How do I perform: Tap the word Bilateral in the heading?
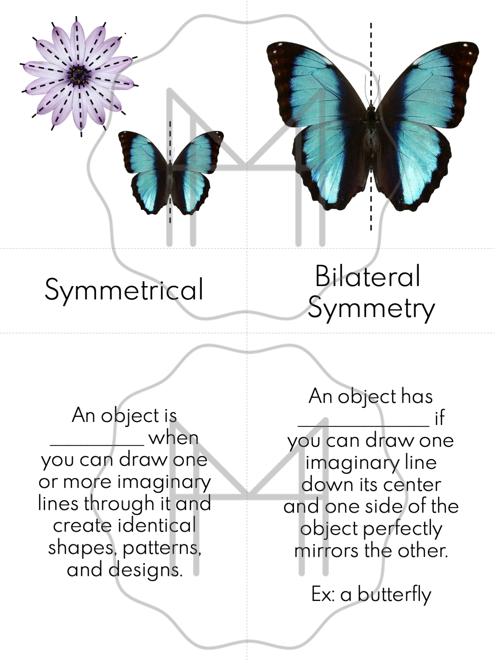click(x=367, y=276)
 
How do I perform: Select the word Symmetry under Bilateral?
click(x=371, y=308)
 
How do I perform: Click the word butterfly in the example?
click(x=394, y=594)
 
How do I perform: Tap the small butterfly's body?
click(x=170, y=179)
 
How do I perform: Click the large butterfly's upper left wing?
click(x=320, y=82)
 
